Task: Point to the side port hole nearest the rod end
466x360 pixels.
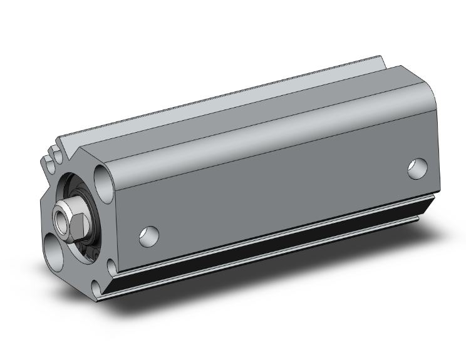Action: (148, 235)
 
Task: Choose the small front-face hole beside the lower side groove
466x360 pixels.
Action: (112, 269)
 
